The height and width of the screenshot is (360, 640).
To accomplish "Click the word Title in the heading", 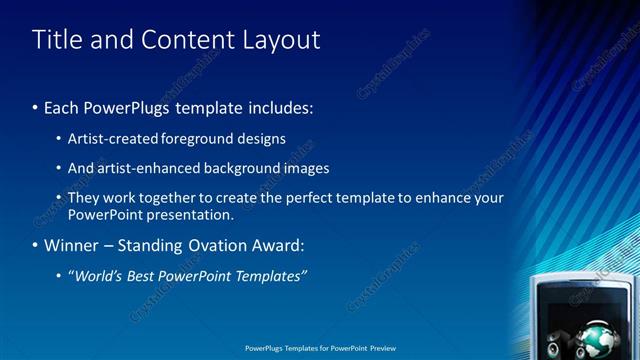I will [56, 40].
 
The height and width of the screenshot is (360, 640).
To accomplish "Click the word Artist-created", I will [111, 139].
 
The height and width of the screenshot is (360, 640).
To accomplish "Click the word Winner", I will [70, 245].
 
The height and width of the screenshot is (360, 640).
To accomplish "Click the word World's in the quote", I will [97, 276].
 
